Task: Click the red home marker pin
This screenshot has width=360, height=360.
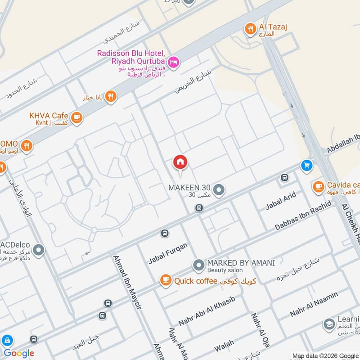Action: pos(180,162)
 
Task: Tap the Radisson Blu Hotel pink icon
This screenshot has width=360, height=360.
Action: pos(173,62)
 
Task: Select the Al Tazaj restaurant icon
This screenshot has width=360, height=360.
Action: pos(250,29)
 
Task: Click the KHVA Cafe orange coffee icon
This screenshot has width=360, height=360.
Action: pos(76,117)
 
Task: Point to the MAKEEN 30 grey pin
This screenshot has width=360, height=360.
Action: pos(219,190)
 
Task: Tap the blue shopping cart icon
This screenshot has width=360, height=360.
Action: pos(307,166)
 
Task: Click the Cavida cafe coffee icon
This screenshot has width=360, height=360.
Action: pos(318,186)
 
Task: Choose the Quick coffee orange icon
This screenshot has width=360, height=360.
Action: pos(166,281)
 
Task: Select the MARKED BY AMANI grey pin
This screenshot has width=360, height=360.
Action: pos(198,265)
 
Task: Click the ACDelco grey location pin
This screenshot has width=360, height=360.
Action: pos(39,249)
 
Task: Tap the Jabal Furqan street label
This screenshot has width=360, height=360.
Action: pos(168,253)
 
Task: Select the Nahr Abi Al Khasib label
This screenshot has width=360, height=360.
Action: pos(207,311)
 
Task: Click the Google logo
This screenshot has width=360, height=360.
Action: pos(19,353)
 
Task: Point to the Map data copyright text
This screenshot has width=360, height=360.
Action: pos(325,356)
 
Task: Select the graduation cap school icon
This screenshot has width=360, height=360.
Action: pos(329,324)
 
